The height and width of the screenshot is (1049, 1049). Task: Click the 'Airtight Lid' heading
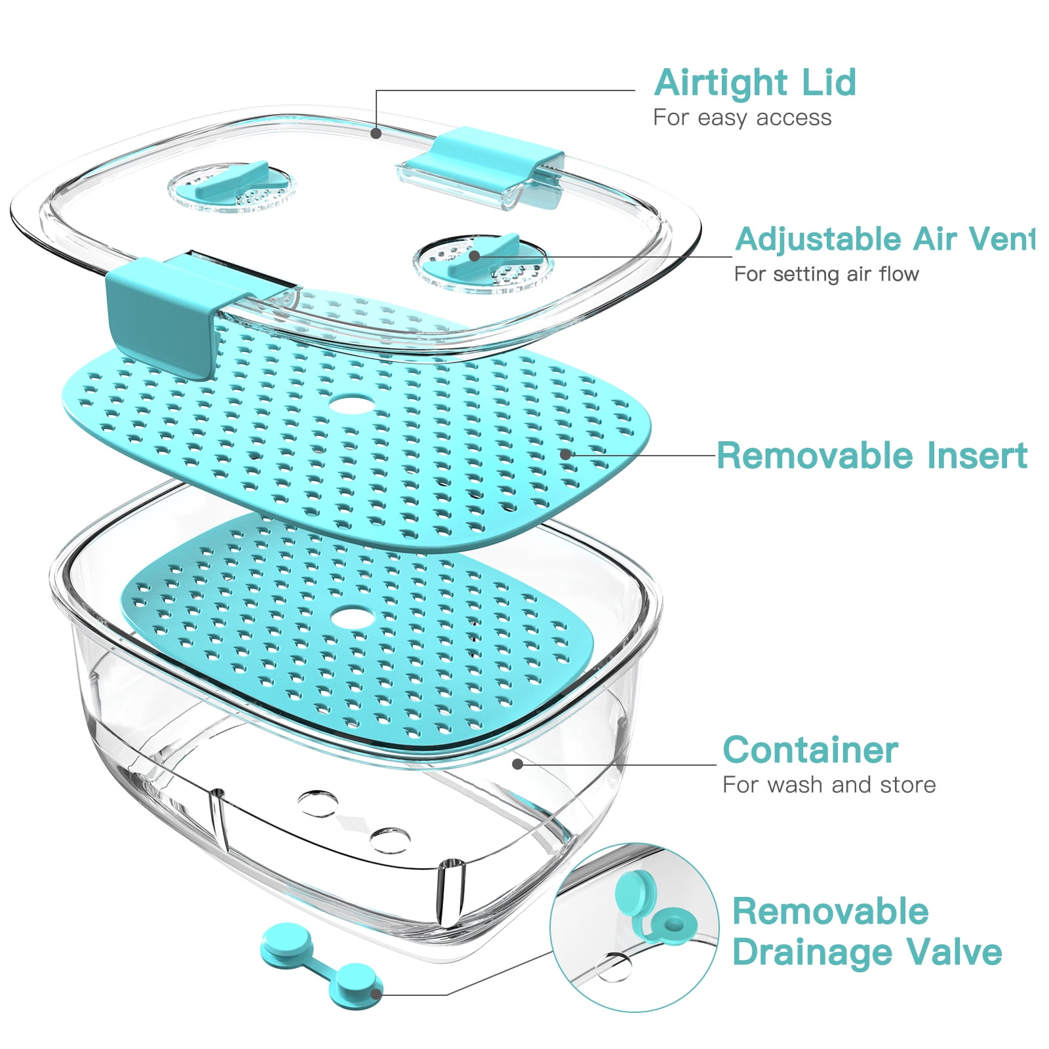tap(755, 83)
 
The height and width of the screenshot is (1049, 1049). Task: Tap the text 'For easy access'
tap(742, 118)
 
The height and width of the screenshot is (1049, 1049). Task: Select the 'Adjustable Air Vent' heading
tap(884, 239)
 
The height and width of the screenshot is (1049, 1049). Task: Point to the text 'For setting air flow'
tap(826, 274)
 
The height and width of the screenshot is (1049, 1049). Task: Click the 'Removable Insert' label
tap(872, 456)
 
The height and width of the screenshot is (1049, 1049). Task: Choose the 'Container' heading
tap(810, 750)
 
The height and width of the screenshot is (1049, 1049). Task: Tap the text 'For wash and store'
tap(829, 785)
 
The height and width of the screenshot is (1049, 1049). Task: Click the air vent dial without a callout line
tap(232, 186)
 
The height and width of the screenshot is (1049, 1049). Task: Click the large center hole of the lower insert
tap(353, 616)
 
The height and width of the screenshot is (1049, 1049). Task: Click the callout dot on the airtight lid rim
tap(376, 133)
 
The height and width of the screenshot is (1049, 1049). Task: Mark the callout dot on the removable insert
tap(565, 454)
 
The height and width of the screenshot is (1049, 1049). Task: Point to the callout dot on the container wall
tap(517, 764)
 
